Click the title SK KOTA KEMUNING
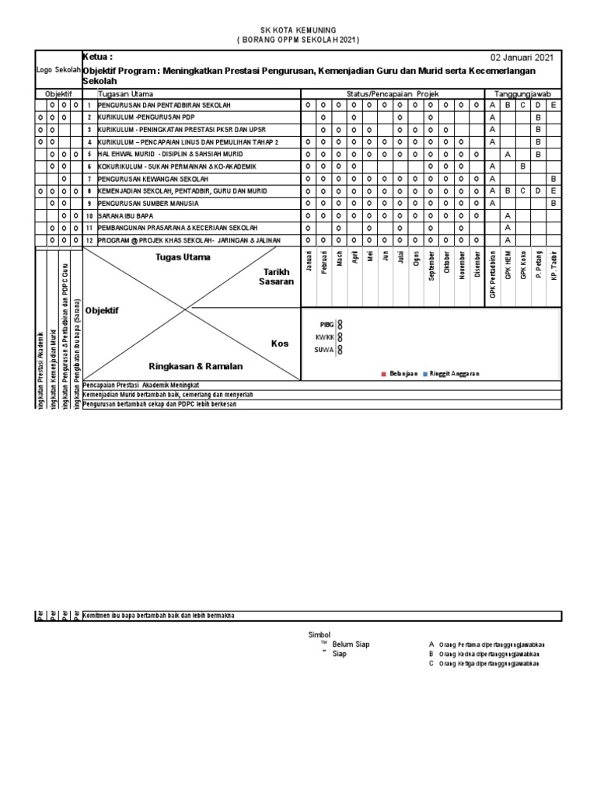(x=298, y=29)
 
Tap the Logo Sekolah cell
(x=58, y=69)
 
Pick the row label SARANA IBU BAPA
(x=125, y=215)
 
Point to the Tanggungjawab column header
(x=522, y=93)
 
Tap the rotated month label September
(x=431, y=265)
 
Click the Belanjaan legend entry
(x=400, y=374)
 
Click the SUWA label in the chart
(x=325, y=350)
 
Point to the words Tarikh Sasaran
(x=276, y=277)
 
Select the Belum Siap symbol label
(x=351, y=644)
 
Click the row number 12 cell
(x=89, y=240)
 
